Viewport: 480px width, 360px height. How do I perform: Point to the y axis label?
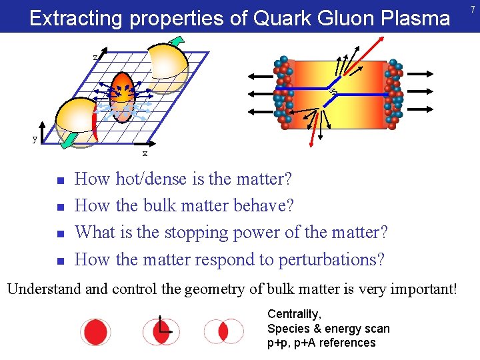(35, 139)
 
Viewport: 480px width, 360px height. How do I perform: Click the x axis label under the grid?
(145, 154)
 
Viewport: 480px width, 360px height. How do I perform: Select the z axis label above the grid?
(96, 57)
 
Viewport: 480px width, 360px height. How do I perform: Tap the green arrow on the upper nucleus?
(176, 42)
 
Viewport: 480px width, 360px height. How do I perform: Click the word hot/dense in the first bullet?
(147, 179)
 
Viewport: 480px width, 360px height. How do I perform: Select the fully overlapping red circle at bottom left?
(95, 331)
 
